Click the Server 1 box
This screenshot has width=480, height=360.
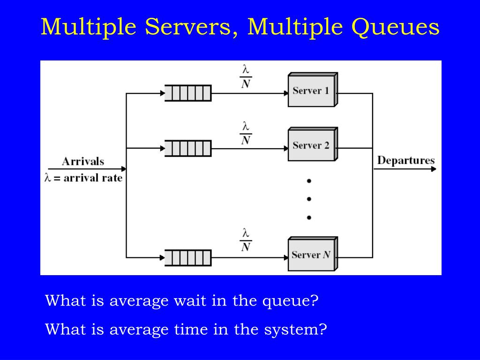[x=311, y=91]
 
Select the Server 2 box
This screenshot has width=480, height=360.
[x=311, y=145]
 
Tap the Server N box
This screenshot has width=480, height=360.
[x=311, y=255]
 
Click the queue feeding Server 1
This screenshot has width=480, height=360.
[x=188, y=93]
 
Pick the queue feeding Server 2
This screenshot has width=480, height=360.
[x=188, y=149]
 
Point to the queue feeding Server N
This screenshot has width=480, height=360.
[x=188, y=258]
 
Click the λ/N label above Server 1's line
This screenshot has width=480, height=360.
[x=245, y=77]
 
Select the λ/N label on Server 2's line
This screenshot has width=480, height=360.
[x=245, y=133]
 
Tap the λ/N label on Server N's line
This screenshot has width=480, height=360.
[x=245, y=240]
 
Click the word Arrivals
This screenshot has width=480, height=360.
[x=83, y=161]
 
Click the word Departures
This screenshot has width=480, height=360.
[x=405, y=160]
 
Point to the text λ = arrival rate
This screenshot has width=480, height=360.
[x=83, y=178]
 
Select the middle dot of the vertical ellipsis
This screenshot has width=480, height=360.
[x=309, y=199]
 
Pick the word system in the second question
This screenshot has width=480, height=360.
[x=294, y=329]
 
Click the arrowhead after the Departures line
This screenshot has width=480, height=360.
[x=433, y=169]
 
